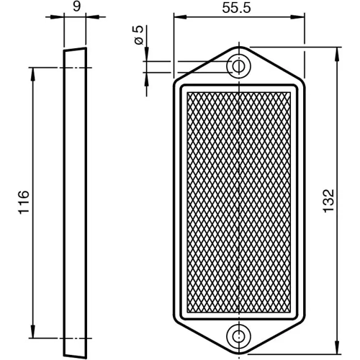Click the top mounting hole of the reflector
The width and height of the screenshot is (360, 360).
pyautogui.click(x=238, y=66)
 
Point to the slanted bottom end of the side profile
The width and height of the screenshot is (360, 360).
pyautogui.click(x=74, y=352)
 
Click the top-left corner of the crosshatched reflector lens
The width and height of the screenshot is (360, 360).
pyautogui.click(x=186, y=92)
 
